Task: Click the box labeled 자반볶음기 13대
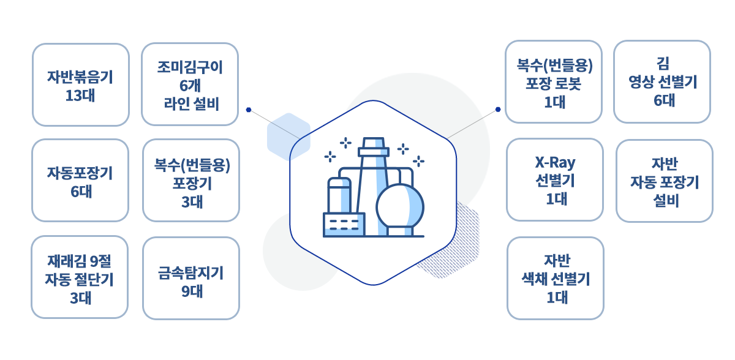pos(81,84)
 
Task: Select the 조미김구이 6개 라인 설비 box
pos(190,84)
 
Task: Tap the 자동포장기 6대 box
pos(80,181)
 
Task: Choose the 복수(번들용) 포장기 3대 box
pos(191,181)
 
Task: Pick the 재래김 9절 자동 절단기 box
pos(80,277)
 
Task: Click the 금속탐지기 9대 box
pos(191,278)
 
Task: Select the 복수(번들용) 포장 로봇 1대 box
pos(554,81)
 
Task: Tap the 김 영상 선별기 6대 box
pos(662,81)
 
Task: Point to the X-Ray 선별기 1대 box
pos(555,179)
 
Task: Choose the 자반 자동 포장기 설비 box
pos(665,181)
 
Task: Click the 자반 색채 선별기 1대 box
pos(556,278)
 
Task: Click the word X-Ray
pos(555,163)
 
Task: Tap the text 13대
pos(80,96)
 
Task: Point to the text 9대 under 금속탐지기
pos(192,291)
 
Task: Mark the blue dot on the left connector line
pos(249,110)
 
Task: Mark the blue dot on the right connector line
pos(498,110)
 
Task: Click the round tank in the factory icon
pos(400,207)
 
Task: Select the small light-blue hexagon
pos(288,137)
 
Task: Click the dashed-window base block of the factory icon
pos(344,225)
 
